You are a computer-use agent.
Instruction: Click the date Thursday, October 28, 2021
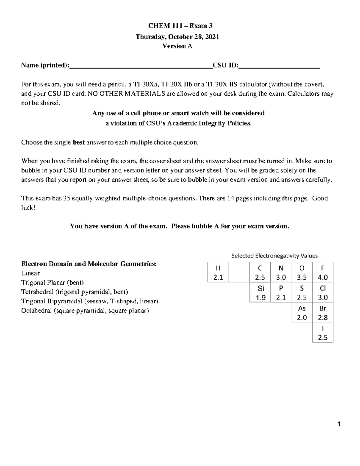tap(177, 37)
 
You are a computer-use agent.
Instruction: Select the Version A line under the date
tap(177, 46)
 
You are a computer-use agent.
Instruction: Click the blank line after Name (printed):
tap(141, 66)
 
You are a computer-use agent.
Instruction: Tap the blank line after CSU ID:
tap(279, 66)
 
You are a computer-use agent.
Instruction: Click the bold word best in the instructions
tap(79, 142)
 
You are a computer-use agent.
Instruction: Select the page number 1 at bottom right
tap(339, 424)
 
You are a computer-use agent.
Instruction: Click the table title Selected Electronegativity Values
tap(274, 256)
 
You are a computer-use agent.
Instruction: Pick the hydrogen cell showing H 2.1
tap(218, 272)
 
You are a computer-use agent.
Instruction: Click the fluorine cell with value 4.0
tap(323, 272)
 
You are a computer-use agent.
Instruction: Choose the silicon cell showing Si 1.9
tap(260, 293)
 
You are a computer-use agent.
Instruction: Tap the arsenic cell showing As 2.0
tap(302, 313)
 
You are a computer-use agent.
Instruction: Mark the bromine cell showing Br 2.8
tap(323, 313)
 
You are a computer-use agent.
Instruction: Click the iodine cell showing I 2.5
tap(323, 333)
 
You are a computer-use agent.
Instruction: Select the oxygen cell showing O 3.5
tap(302, 272)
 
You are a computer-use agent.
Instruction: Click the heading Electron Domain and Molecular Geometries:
tap(89, 264)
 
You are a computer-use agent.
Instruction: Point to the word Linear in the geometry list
tap(30, 273)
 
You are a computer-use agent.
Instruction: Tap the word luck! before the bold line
tap(28, 208)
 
